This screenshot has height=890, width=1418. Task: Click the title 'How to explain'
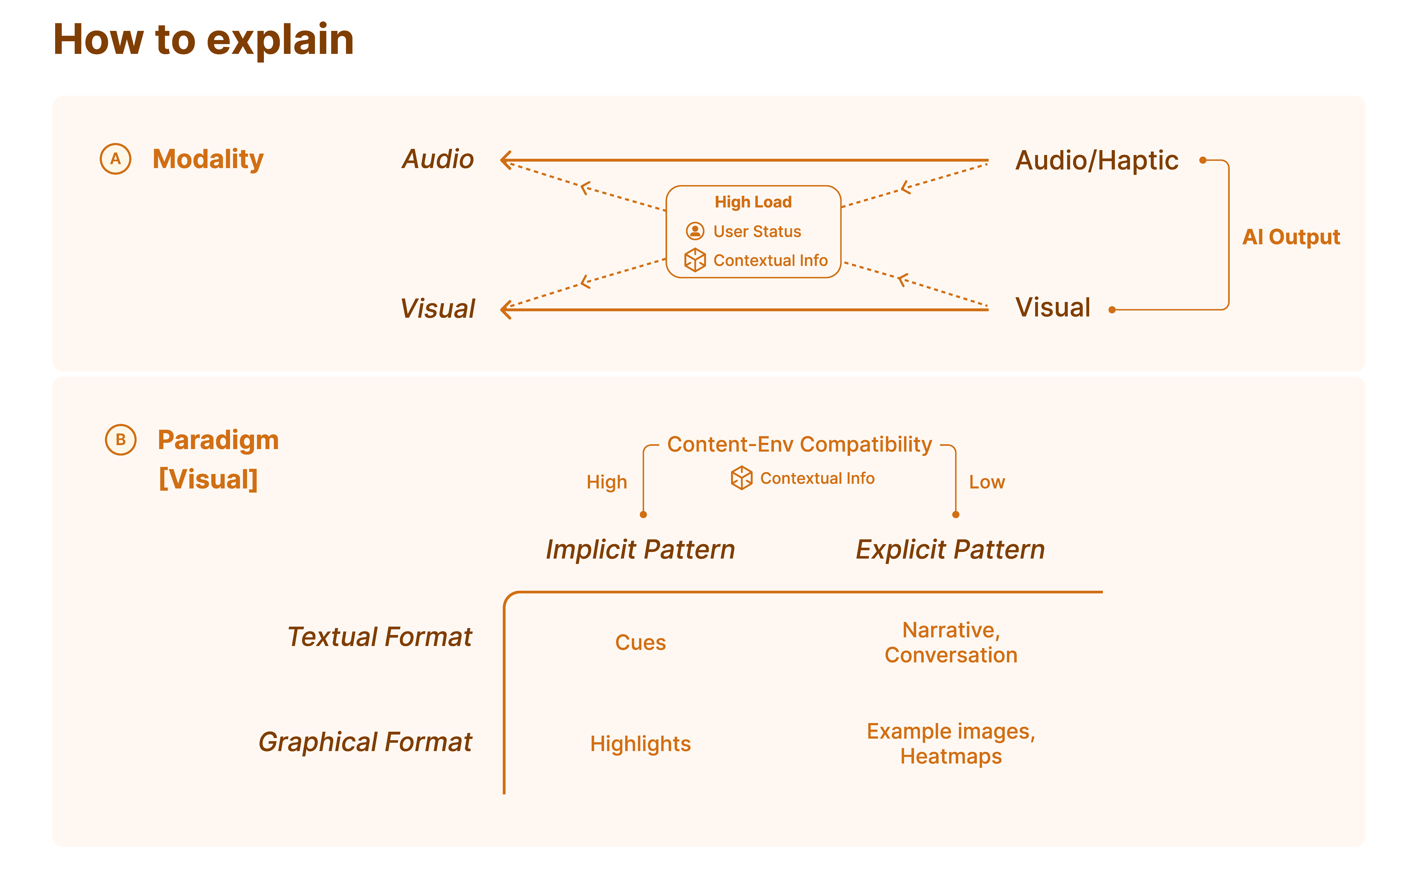[x=203, y=40]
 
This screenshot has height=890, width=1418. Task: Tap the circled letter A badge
[x=115, y=159]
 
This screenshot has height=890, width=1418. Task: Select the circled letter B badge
[x=121, y=440]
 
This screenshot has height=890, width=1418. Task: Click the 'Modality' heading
[x=208, y=159]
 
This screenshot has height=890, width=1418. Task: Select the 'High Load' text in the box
[x=753, y=202]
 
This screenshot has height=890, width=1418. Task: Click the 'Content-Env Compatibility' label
[x=799, y=444]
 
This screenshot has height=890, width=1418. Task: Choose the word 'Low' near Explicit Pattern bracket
[x=987, y=482]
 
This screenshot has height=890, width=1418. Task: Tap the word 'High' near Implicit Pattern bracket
[x=606, y=482]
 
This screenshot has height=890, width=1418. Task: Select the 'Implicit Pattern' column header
[x=640, y=549]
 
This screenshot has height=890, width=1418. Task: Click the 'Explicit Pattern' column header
[x=950, y=549]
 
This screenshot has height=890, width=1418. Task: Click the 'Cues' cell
[x=640, y=642]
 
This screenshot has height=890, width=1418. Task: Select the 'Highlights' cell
[x=640, y=744]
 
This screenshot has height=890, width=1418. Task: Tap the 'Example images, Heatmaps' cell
[x=951, y=744]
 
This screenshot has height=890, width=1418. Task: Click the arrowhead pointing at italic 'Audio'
[x=505, y=160]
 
